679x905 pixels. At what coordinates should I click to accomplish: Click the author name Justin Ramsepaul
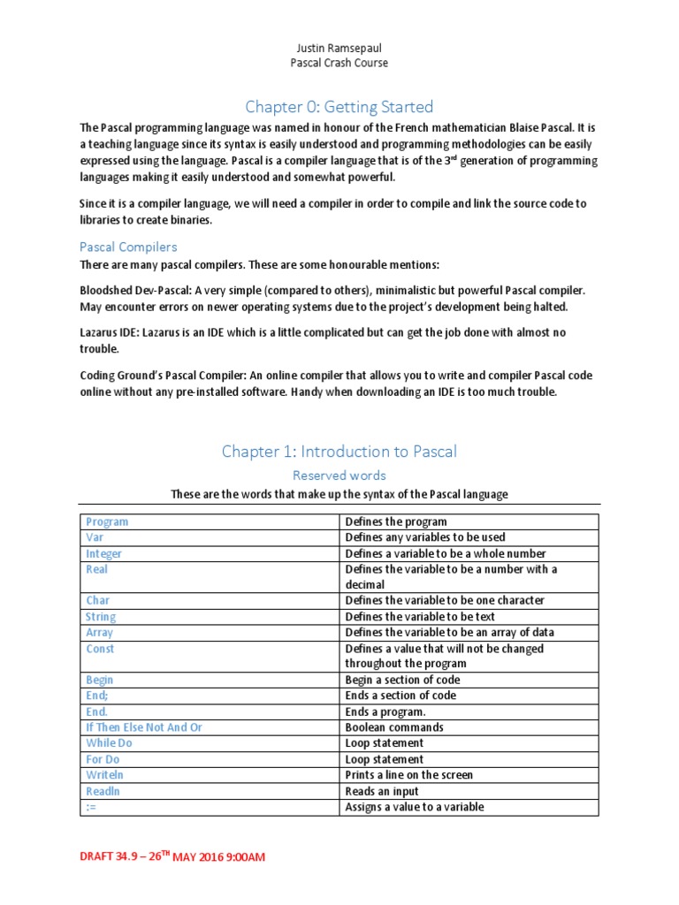click(339, 47)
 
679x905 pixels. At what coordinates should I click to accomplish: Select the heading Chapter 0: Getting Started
click(339, 107)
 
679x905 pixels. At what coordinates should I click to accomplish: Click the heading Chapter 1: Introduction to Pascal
click(339, 452)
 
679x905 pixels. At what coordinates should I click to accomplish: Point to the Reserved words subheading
click(339, 475)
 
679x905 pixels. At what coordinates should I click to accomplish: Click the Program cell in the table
click(106, 521)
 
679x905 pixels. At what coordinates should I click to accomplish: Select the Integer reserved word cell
click(104, 553)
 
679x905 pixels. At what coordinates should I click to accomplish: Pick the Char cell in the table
click(98, 600)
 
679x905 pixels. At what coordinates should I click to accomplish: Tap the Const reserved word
click(100, 649)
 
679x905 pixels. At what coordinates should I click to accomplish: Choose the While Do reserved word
click(109, 743)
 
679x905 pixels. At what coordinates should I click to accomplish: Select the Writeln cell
click(103, 775)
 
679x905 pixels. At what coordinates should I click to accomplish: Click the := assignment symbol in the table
click(91, 807)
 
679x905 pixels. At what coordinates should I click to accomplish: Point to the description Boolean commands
click(394, 727)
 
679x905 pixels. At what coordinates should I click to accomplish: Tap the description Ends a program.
click(385, 711)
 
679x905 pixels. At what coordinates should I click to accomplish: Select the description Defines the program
click(396, 521)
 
